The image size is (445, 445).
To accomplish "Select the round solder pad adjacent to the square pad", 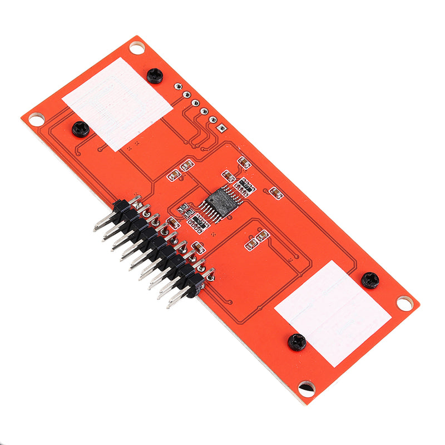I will pyautogui.click(x=212, y=120).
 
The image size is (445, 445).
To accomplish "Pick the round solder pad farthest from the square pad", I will pyautogui.click(x=178, y=87).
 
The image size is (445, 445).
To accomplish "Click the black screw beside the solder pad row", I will pyautogui.click(x=155, y=76).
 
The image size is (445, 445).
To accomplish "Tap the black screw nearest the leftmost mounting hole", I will pyautogui.click(x=81, y=129).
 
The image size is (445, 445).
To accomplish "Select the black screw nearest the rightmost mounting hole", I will pyautogui.click(x=370, y=280).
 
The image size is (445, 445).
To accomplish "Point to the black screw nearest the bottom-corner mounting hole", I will pyautogui.click(x=297, y=342).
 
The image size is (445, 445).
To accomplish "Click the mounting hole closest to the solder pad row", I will pyautogui.click(x=137, y=47).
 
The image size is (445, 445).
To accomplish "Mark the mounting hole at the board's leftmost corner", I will pyautogui.click(x=36, y=118).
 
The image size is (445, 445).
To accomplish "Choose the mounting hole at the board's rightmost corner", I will pyautogui.click(x=405, y=303).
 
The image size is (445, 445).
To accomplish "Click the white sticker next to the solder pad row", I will pyautogui.click(x=118, y=103).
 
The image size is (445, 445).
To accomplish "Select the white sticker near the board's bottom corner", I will pyautogui.click(x=333, y=313).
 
